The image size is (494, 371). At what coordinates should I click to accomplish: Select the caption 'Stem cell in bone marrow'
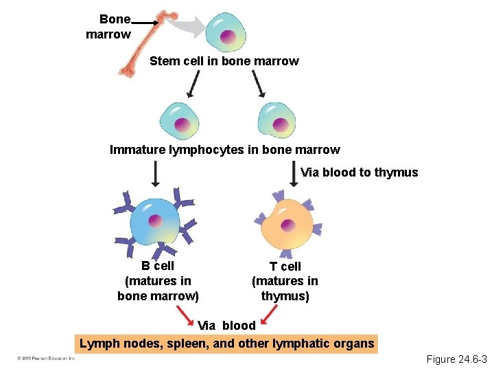tap(224, 61)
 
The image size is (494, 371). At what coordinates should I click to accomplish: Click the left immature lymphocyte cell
tap(180, 121)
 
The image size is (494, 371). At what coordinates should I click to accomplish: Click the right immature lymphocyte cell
tap(277, 121)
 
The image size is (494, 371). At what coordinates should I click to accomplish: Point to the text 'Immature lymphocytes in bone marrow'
tap(224, 150)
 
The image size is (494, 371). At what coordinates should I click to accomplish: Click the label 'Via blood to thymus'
tap(359, 172)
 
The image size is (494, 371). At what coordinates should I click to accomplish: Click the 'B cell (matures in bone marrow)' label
tap(158, 281)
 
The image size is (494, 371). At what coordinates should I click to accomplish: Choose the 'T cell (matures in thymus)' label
tap(285, 281)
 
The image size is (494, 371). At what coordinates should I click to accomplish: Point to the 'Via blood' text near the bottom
tap(226, 325)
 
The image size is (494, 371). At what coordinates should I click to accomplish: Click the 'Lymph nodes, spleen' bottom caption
tap(227, 344)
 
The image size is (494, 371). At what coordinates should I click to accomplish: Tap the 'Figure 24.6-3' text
tap(456, 359)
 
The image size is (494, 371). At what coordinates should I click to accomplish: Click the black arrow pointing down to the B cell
tap(155, 174)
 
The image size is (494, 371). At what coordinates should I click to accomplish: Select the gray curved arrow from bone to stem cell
tap(185, 27)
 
